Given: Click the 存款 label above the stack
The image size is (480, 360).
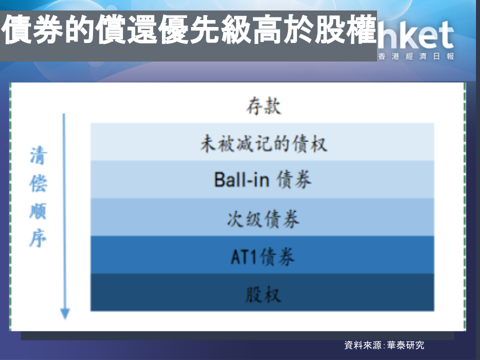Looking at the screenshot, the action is [263, 106].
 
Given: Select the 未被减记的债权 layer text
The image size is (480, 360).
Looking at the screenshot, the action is [263, 143].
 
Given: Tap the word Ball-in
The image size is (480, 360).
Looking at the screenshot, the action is [241, 179].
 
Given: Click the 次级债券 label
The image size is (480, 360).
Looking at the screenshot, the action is [263, 218].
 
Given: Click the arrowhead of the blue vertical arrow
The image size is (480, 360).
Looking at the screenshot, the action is [65, 313].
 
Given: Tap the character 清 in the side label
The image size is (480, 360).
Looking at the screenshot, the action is [38, 155].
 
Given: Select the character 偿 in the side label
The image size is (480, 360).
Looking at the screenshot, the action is [38, 183].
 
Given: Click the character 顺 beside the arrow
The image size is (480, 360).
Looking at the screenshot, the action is [38, 211].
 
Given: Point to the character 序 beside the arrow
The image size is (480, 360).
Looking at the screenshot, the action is [38, 238].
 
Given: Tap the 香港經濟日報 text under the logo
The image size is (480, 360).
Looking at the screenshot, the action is [416, 56].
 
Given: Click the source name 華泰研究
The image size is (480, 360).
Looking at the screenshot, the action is [405, 345].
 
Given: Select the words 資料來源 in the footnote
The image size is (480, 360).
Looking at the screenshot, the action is [363, 345].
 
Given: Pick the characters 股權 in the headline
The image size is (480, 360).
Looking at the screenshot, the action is [345, 29].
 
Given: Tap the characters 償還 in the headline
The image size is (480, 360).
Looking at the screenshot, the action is [126, 29].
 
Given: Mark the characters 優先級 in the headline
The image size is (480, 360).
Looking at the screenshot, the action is [205, 29].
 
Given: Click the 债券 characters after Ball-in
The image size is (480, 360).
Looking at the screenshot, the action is [294, 179].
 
